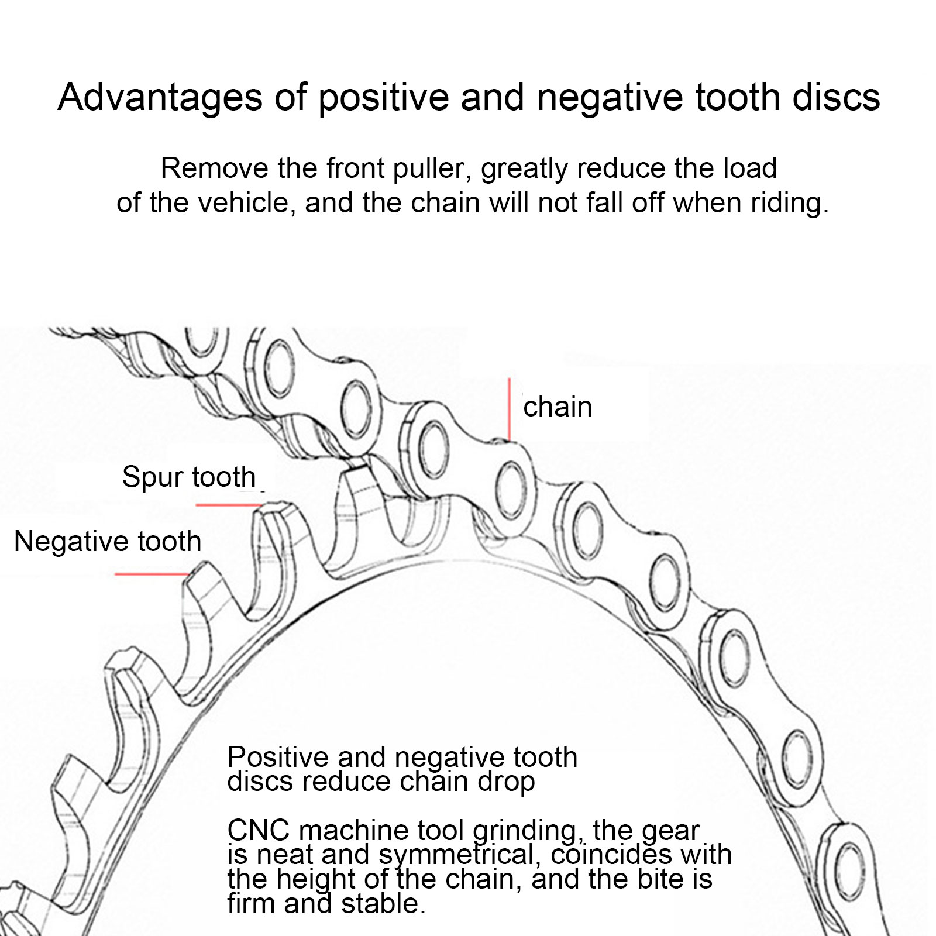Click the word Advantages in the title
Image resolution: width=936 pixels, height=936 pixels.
tap(160, 97)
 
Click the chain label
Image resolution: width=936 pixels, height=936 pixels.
tap(558, 407)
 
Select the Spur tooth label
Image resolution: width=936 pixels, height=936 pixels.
tap(189, 477)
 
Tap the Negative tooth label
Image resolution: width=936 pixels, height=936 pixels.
tap(108, 541)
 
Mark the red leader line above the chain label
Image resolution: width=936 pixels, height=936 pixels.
tap(509, 408)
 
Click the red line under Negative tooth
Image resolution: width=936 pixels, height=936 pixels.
tap(151, 574)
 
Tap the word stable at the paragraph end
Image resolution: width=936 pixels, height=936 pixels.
tap(383, 904)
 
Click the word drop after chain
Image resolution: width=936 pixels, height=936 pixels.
tap(508, 782)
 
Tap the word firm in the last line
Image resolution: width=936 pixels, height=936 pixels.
tap(250, 904)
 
